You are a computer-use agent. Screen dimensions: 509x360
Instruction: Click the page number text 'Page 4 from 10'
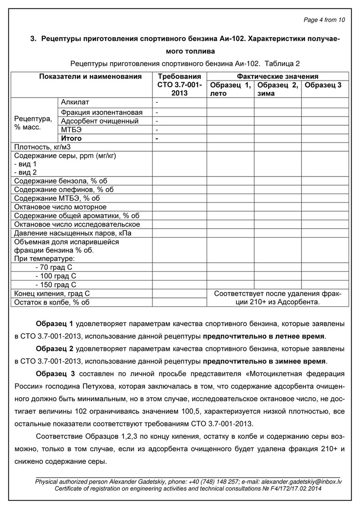point(324,20)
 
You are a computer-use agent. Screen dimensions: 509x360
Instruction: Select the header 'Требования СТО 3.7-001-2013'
point(179,85)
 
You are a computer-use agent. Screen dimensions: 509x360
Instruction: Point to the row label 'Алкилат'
point(75,102)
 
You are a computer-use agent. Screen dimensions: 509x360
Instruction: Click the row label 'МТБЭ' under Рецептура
point(71,130)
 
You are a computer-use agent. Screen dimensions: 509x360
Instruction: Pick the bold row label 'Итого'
point(71,138)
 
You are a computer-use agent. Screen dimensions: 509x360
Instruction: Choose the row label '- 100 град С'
point(56,276)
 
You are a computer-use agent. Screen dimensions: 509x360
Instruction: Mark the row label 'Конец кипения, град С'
point(52,294)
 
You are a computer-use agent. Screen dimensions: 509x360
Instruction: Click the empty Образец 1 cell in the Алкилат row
point(230,103)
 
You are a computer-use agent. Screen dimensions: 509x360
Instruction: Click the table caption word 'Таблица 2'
point(282,64)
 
